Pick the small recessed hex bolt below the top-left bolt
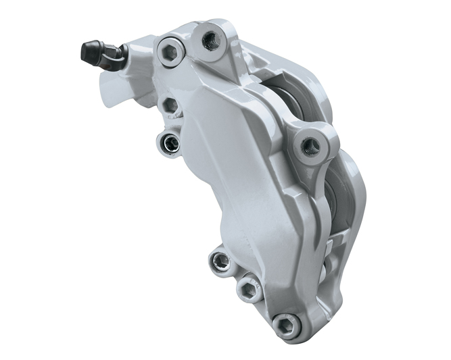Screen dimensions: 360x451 point(170,105)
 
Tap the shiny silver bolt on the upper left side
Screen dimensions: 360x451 point(167,142)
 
